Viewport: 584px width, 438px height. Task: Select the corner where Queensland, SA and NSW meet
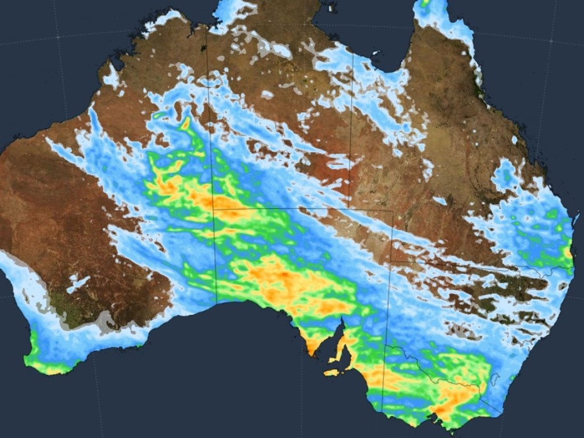(x=391, y=262)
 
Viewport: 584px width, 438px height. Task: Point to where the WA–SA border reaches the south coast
(x=217, y=303)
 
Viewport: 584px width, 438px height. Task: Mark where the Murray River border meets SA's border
(x=386, y=346)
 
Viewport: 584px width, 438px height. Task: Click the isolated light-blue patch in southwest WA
(x=78, y=283)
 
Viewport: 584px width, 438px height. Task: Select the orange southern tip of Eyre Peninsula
(x=313, y=346)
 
